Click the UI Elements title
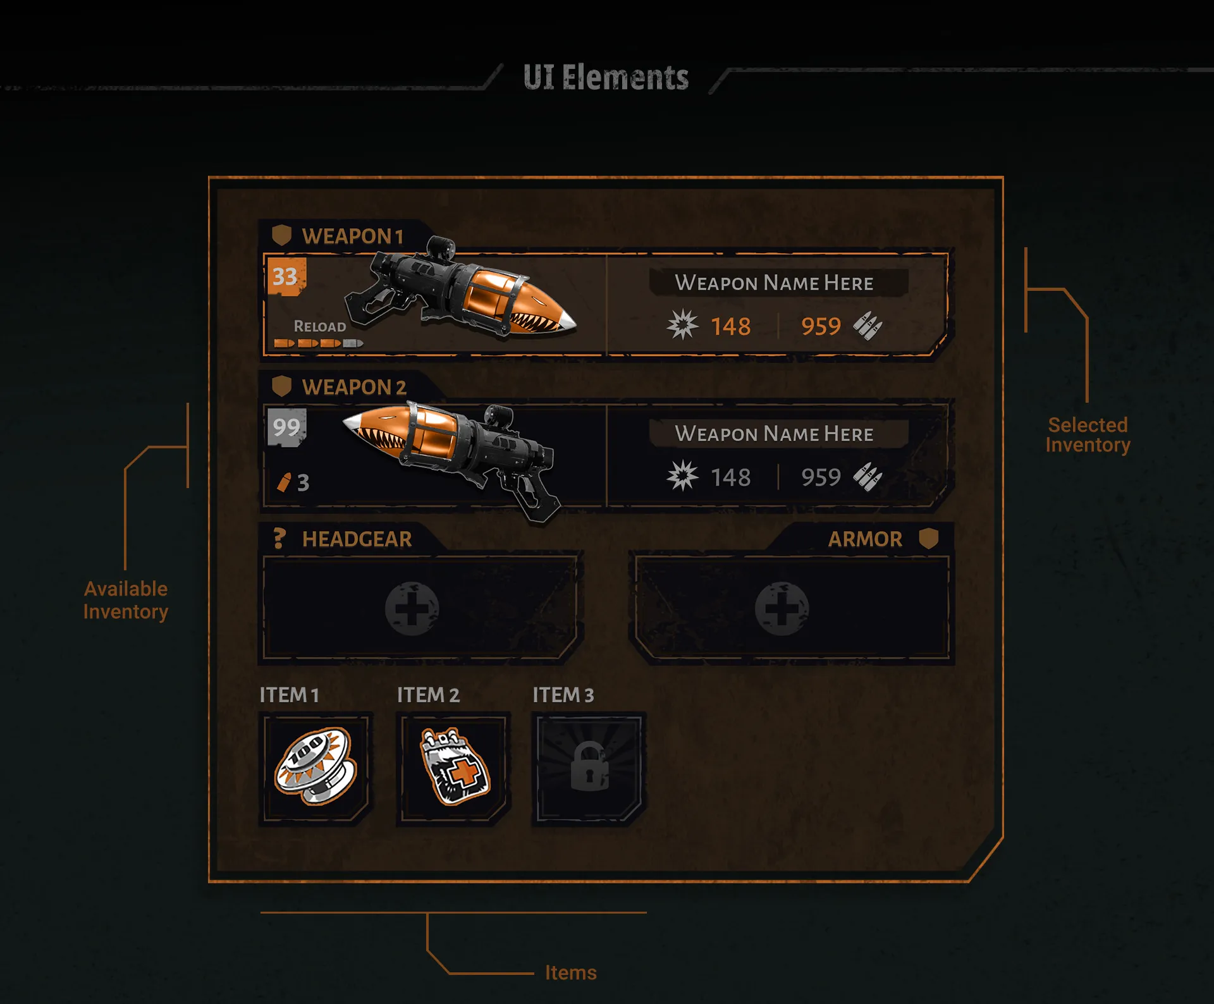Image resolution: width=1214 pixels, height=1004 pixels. click(x=606, y=78)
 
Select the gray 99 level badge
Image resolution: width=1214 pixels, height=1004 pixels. click(x=286, y=427)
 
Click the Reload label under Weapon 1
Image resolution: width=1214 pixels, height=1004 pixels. click(x=320, y=326)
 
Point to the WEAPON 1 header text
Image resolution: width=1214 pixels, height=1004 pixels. click(x=352, y=236)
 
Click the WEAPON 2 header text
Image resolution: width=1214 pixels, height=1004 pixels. click(x=353, y=387)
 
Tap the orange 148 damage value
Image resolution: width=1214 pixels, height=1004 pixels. click(x=730, y=327)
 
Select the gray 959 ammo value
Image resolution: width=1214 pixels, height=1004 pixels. click(x=821, y=477)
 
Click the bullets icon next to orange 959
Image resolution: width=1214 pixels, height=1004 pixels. click(x=868, y=326)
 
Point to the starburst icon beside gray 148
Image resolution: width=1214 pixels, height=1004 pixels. click(x=682, y=476)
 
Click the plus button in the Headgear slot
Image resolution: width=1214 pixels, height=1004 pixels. click(x=412, y=608)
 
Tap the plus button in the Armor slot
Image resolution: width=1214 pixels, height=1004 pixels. click(x=782, y=608)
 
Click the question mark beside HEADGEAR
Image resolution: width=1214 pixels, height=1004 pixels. click(x=279, y=539)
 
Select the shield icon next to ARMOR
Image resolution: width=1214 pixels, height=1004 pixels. click(x=928, y=539)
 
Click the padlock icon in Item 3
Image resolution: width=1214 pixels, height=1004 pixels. click(x=589, y=768)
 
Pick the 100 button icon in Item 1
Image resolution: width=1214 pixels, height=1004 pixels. click(x=315, y=766)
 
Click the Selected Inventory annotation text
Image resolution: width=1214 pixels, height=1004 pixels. click(x=1088, y=435)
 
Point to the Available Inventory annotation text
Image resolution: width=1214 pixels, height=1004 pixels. click(x=126, y=600)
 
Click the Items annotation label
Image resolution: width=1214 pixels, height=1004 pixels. click(x=570, y=972)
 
